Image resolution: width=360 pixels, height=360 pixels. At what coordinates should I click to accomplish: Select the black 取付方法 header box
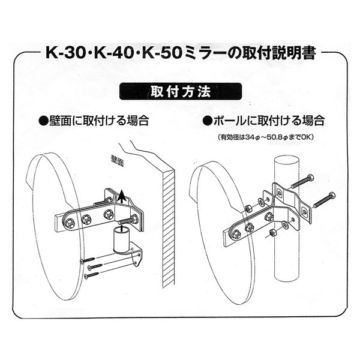pos(181,91)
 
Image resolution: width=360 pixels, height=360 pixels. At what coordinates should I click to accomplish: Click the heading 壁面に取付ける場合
pos(94,121)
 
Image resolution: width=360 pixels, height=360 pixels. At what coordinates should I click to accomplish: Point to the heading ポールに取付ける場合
pos(263,121)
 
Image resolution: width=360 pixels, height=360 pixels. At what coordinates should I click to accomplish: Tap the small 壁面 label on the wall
pos(118,161)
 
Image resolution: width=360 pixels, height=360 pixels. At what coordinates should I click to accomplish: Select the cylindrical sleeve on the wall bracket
pos(121,239)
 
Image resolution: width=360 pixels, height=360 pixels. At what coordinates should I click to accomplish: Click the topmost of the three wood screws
pos(88,260)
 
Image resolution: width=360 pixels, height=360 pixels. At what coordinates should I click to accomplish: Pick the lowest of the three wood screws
pos(92,275)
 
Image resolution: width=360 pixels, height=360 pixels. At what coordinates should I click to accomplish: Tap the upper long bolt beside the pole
pos(302,182)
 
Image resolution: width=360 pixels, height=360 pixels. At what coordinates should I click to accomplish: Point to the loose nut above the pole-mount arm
pos(248,208)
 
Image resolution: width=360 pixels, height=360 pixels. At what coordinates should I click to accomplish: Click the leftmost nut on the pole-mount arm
pos(236,234)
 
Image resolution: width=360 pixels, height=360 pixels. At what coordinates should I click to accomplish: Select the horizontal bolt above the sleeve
pos(128,220)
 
